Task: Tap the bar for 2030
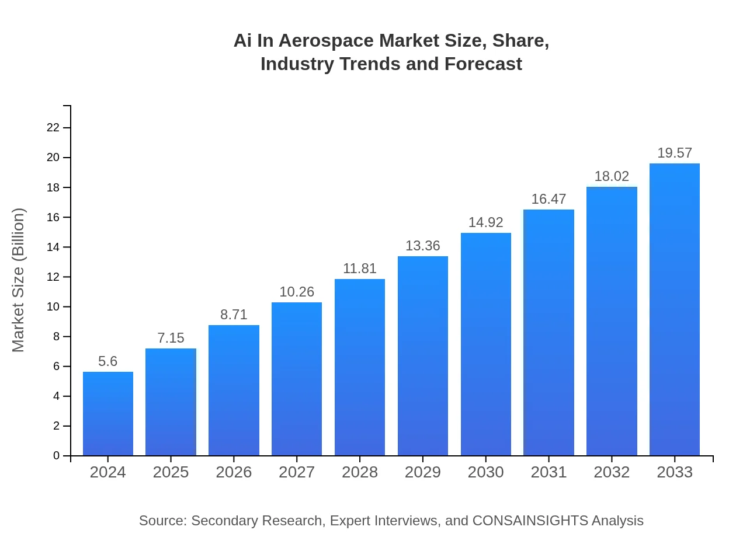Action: tap(486, 344)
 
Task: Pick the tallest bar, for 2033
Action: tap(675, 309)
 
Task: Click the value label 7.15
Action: tap(171, 338)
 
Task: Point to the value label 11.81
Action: tap(360, 268)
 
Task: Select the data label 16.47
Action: tap(548, 199)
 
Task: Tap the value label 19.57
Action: tap(675, 153)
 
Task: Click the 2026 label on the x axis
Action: tap(234, 472)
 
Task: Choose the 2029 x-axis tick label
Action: tap(423, 472)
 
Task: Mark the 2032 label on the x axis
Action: tap(612, 472)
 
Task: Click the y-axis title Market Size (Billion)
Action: tap(19, 280)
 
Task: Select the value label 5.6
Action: tap(108, 361)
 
